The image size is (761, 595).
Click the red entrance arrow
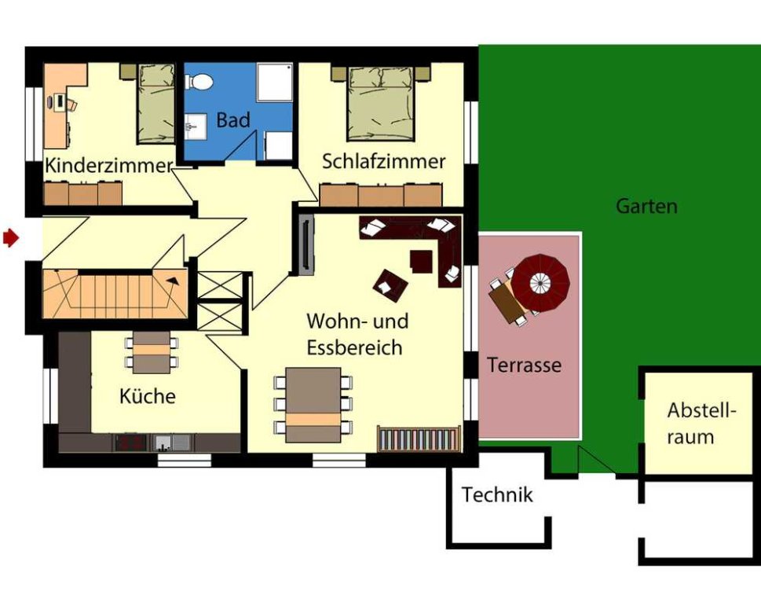point(11,238)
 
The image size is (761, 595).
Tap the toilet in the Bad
point(199,82)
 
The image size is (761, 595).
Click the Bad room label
point(233,119)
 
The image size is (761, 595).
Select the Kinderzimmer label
point(108,165)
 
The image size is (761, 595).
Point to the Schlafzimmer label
point(383,161)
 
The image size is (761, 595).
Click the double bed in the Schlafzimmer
point(382,103)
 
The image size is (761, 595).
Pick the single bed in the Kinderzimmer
point(156,104)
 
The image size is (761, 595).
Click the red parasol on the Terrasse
point(540,283)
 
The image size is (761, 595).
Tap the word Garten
point(646,206)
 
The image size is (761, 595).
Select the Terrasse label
point(524,365)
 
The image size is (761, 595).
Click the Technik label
point(497,495)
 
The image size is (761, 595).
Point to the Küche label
point(148,396)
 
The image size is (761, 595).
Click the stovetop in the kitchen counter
point(130,443)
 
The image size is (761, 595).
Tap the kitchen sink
point(173,443)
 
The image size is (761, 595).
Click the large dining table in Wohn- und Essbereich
point(313,405)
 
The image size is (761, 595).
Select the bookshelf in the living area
point(419,439)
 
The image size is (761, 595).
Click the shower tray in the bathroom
point(275,82)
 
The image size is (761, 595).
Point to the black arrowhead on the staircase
point(172,281)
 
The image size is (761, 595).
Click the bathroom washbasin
point(196,127)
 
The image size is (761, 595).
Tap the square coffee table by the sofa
point(421,261)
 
